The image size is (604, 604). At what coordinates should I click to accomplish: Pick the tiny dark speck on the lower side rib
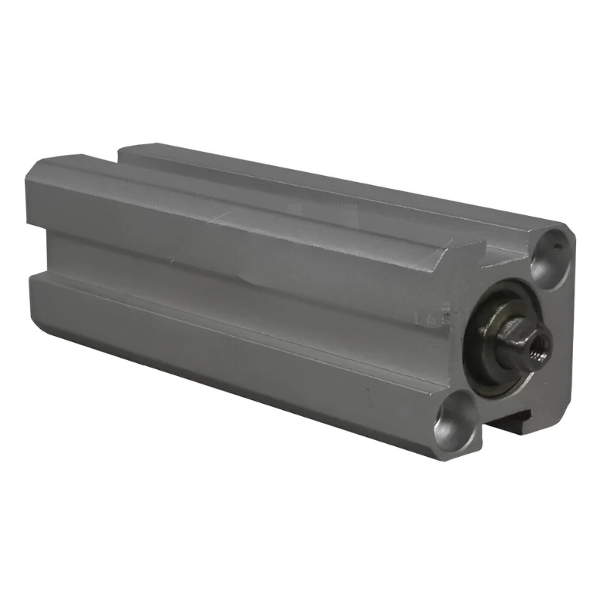pyautogui.click(x=368, y=393)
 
